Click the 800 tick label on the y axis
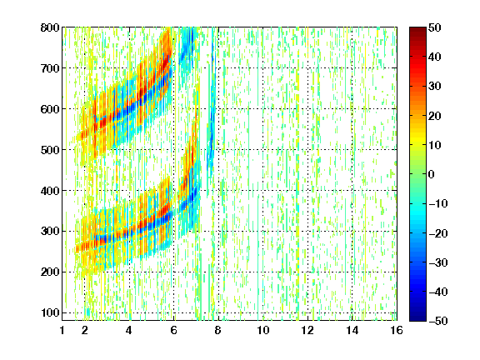click(x=50, y=27)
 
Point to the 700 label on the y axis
click(x=50, y=68)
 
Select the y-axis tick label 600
click(x=50, y=109)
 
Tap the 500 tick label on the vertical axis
click(x=50, y=150)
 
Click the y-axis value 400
click(x=50, y=191)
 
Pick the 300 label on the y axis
click(x=50, y=232)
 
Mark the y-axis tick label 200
click(x=50, y=272)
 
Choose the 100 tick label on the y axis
click(x=50, y=312)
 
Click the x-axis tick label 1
click(x=62, y=330)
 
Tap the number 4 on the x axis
click(x=129, y=330)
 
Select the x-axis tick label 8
click(x=218, y=330)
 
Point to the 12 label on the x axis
click(x=307, y=330)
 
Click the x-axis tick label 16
click(x=397, y=330)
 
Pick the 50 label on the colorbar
click(x=435, y=27)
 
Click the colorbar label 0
click(x=432, y=174)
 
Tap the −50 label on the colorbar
click(x=438, y=321)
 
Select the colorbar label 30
click(x=435, y=87)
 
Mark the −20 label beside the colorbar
click(x=438, y=233)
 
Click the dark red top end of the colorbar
click(x=417, y=31)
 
